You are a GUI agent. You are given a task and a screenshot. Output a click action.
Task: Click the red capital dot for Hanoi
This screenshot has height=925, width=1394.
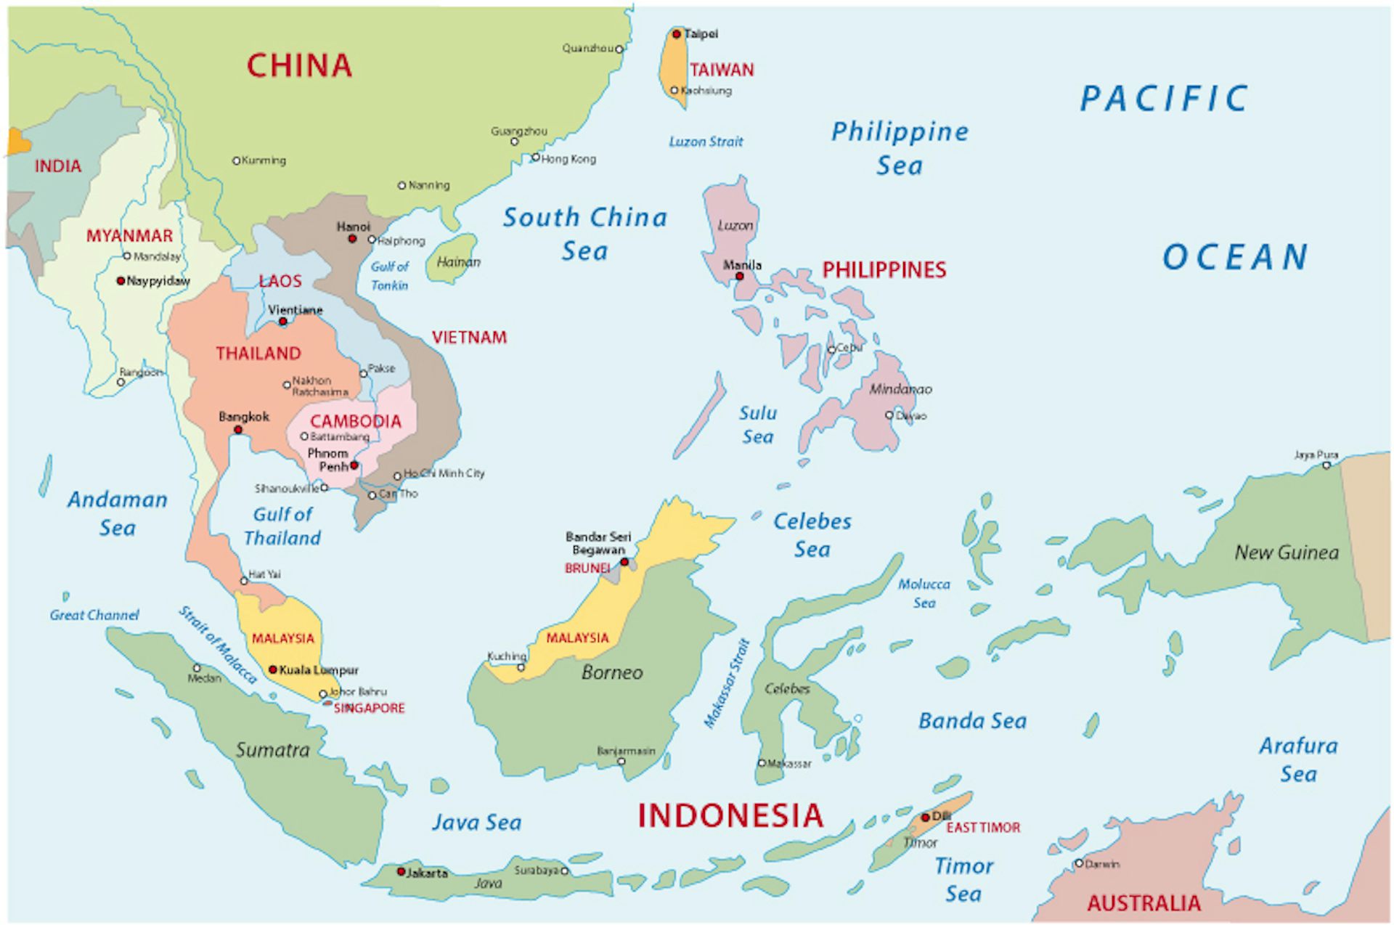coord(352,239)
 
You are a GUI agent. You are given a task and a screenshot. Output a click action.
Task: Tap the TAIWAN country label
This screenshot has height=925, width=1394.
coord(722,70)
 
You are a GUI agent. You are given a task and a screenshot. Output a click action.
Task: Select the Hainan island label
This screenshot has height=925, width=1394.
coord(458,262)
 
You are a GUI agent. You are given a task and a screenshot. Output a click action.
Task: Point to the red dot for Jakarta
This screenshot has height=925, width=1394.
coord(401,871)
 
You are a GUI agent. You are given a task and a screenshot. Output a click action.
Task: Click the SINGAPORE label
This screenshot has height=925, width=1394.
coord(369,708)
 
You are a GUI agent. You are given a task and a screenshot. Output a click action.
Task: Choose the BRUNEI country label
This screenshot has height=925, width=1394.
coord(587,568)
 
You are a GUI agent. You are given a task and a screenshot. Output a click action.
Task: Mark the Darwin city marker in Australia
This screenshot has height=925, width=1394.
coord(1079,863)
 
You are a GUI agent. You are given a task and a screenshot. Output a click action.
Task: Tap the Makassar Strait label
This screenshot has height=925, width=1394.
coord(726,683)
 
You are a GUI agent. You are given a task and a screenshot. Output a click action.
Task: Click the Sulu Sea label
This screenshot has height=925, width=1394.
coord(757,425)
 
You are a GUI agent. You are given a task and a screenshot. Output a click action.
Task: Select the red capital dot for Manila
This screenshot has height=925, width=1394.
coord(740,276)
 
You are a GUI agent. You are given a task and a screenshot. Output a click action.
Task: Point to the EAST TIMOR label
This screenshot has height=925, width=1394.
coord(983,828)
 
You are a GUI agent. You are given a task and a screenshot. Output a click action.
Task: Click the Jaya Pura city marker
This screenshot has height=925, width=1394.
coord(1326,465)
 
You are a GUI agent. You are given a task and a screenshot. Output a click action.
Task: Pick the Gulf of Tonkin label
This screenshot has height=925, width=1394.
coord(389,276)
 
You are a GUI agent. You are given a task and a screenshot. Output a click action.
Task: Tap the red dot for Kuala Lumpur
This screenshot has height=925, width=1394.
coord(273,669)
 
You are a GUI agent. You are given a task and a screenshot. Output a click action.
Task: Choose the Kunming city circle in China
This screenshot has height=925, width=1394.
coord(236,160)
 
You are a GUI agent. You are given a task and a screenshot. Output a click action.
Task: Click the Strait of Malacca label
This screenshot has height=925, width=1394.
coord(218,645)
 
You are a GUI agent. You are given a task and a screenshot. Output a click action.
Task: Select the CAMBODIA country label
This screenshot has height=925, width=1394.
coord(356,421)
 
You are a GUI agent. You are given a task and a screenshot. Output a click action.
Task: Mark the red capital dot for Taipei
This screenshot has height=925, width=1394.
coord(677,34)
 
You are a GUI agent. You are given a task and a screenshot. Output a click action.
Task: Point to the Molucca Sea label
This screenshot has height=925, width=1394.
coord(924,593)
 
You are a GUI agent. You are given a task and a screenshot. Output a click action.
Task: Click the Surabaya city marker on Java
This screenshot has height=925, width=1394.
coord(564,871)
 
